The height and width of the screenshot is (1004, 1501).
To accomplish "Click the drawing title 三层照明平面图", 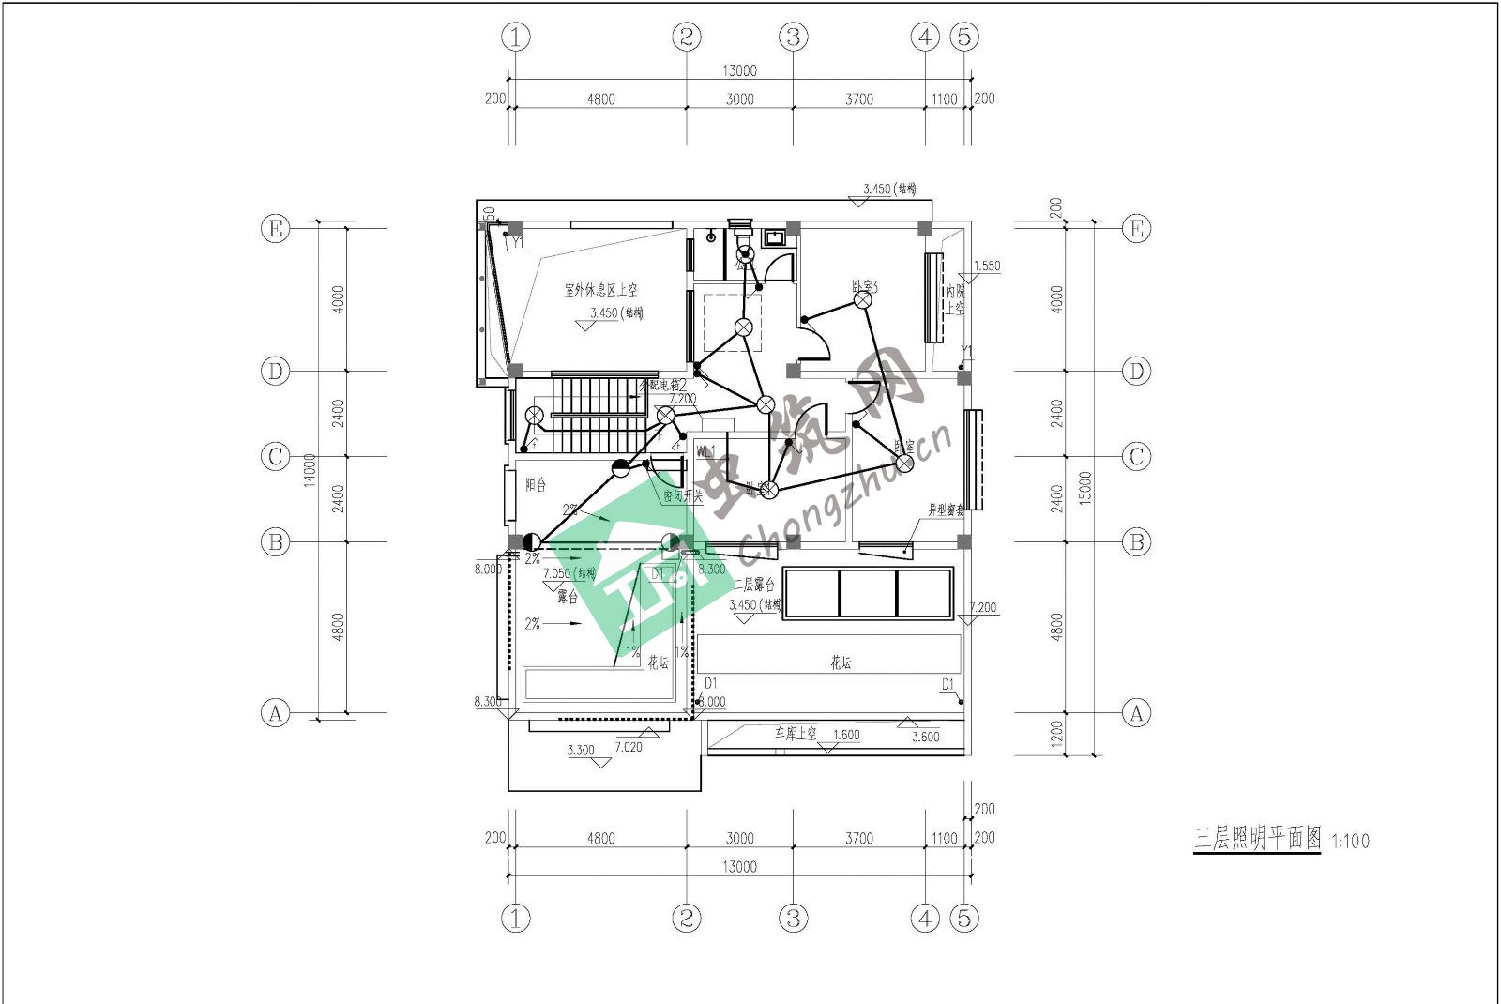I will (1256, 838).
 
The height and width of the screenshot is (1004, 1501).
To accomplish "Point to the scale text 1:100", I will (1350, 842).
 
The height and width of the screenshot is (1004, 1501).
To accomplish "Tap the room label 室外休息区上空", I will (600, 290).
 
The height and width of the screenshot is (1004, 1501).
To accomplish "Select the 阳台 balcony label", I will (536, 485).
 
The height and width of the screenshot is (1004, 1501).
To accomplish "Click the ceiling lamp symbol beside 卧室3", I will (864, 299).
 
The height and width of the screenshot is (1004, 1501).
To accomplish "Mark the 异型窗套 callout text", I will (946, 510).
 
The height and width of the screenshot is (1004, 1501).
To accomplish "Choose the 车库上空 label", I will (796, 734).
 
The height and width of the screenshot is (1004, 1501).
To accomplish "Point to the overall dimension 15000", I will (1085, 488).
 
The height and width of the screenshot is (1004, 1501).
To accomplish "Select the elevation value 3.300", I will (581, 751).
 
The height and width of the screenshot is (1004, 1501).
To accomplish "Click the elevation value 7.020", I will (629, 747).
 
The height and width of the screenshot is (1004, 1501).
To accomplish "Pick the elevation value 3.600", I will (925, 737).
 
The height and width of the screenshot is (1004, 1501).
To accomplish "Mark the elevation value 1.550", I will (987, 266).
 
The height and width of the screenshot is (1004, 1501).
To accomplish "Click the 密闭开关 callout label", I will (682, 495).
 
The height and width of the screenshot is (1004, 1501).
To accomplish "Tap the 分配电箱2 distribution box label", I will (663, 385).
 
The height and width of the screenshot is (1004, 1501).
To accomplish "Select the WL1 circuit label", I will (705, 451).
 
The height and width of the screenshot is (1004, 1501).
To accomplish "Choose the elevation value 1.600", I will (846, 735).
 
